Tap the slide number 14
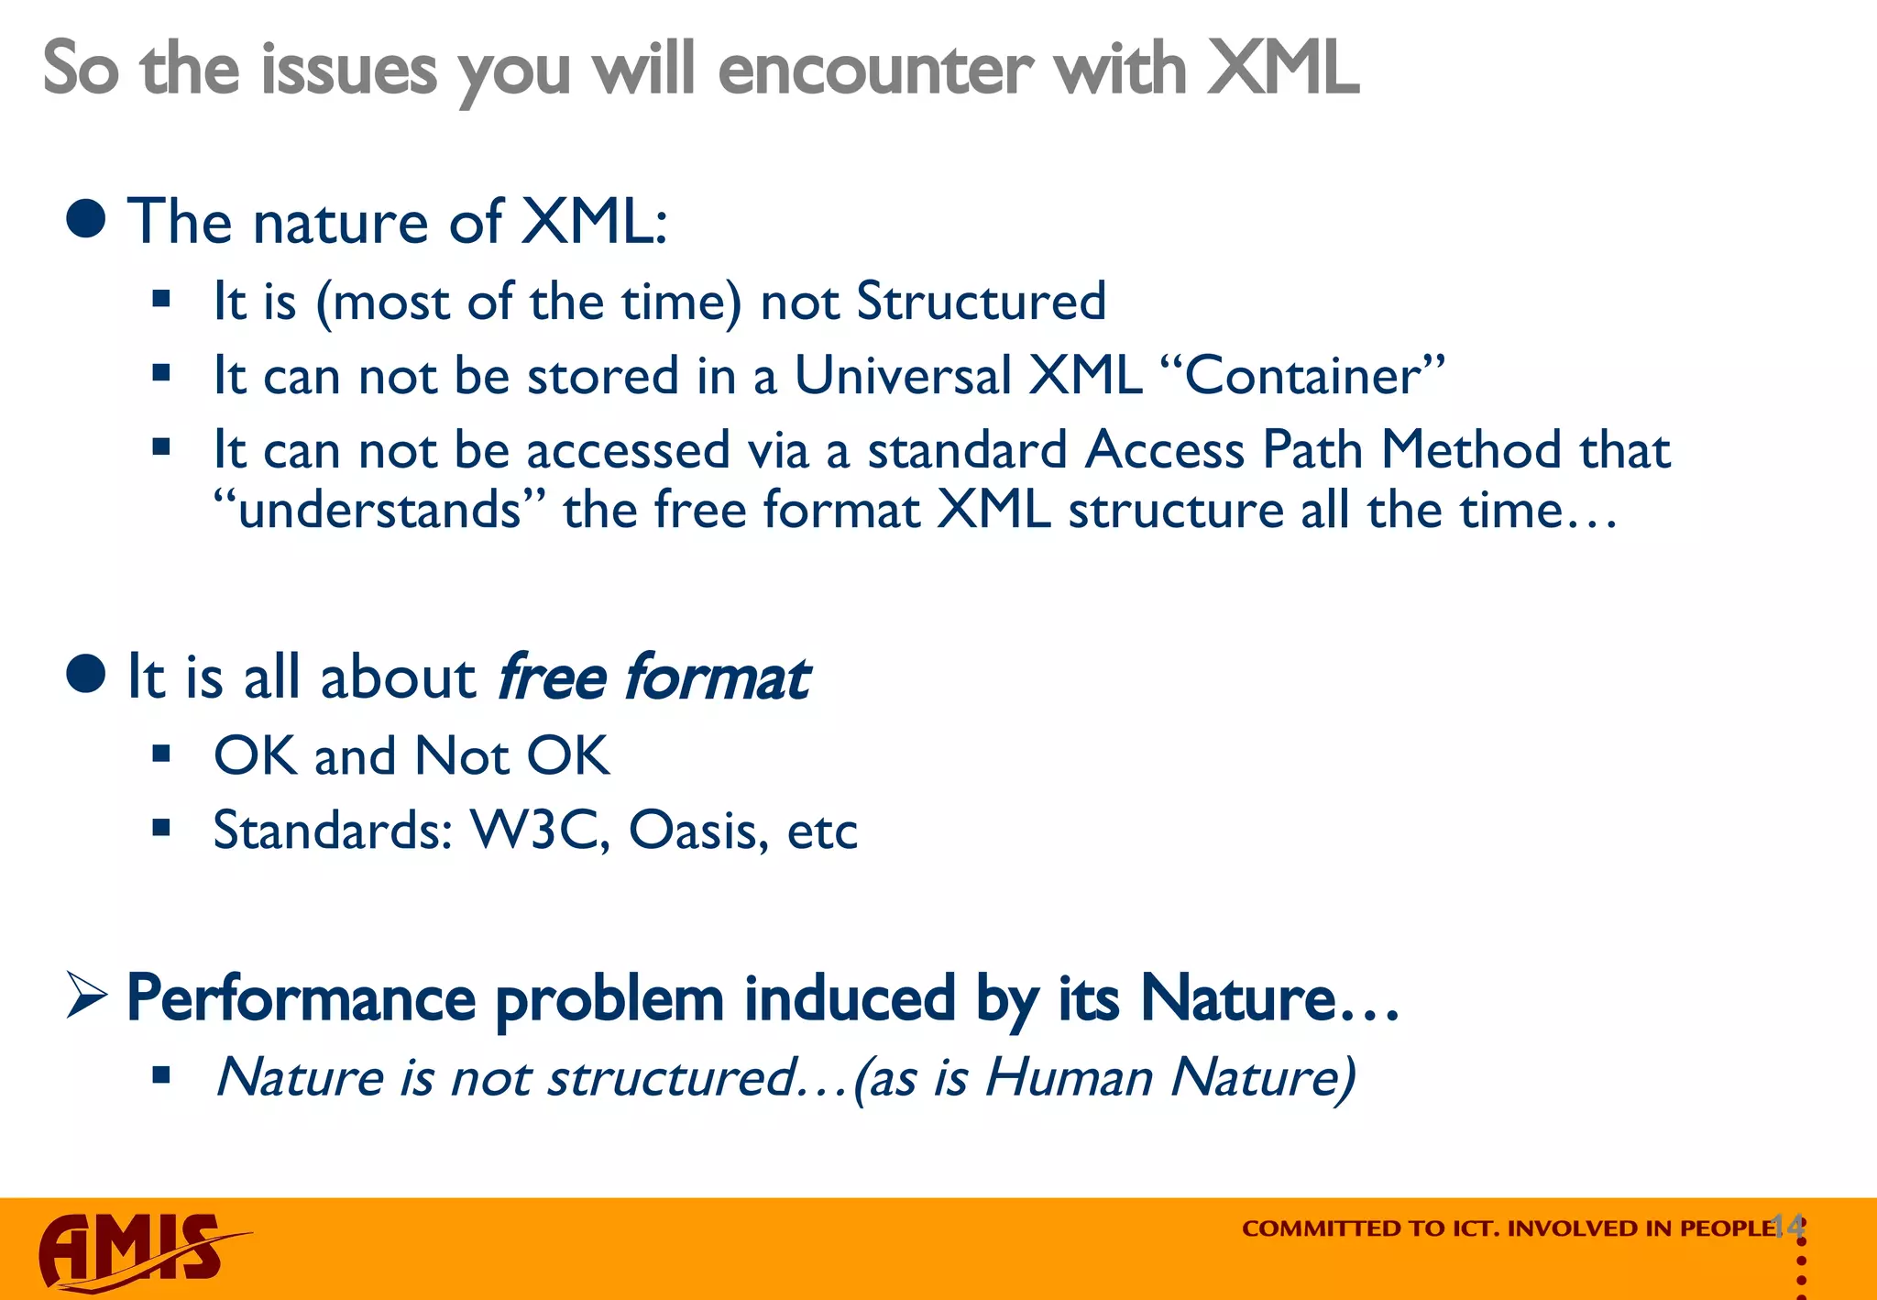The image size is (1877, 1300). pyautogui.click(x=1787, y=1225)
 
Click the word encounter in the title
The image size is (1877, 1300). pyautogui.click(x=875, y=70)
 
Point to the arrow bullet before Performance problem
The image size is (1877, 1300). pyautogui.click(x=87, y=997)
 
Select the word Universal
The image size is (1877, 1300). pyautogui.click(x=903, y=376)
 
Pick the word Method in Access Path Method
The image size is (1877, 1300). pyautogui.click(x=1471, y=449)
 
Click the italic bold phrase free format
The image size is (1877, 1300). pyautogui.click(x=653, y=678)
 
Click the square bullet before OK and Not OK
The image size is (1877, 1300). pyautogui.click(x=162, y=755)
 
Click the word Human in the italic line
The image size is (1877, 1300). pyautogui.click(x=1068, y=1076)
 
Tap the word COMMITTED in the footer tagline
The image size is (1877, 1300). pyautogui.click(x=1312, y=1228)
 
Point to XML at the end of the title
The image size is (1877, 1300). pyautogui.click(x=1283, y=70)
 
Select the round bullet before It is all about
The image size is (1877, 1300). pyautogui.click(x=87, y=675)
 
